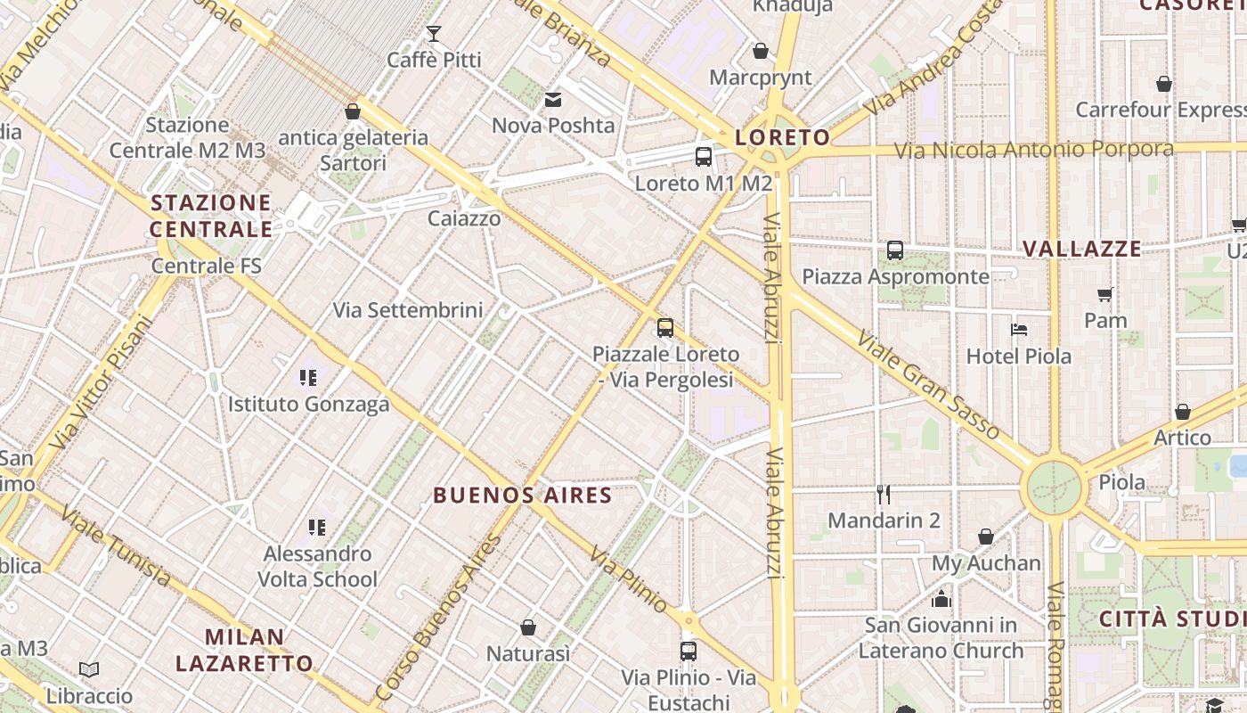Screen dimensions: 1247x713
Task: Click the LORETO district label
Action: pyautogui.click(x=782, y=137)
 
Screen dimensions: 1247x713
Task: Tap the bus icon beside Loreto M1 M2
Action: pyautogui.click(x=704, y=157)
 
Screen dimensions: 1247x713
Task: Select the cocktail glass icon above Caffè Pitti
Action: pyautogui.click(x=434, y=34)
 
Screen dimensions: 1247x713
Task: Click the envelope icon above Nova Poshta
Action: pyautogui.click(x=553, y=99)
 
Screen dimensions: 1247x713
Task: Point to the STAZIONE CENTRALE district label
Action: pyautogui.click(x=211, y=216)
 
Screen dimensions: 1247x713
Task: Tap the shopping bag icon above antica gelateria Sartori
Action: pyautogui.click(x=353, y=111)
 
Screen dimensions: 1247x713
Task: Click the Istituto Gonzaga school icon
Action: pyautogui.click(x=308, y=378)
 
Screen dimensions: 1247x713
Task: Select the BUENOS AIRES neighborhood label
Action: pyautogui.click(x=523, y=496)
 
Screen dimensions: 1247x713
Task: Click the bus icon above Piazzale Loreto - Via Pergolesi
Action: pyautogui.click(x=665, y=328)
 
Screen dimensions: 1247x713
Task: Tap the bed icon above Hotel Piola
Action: pyautogui.click(x=1019, y=330)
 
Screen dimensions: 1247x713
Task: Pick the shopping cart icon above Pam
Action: pyautogui.click(x=1105, y=294)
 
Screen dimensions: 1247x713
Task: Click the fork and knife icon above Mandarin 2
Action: pyautogui.click(x=884, y=494)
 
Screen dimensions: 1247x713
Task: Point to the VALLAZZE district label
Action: pyautogui.click(x=1081, y=249)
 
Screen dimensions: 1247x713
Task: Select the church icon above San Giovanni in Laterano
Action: pyautogui.click(x=941, y=599)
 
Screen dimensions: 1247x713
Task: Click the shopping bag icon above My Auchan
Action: pyautogui.click(x=986, y=537)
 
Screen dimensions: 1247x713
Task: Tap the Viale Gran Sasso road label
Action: pyautogui.click(x=929, y=386)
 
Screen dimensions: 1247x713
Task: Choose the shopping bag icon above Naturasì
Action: pyautogui.click(x=528, y=628)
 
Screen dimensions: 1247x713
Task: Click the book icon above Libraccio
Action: pyautogui.click(x=89, y=669)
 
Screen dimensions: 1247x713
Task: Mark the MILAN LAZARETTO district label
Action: pyautogui.click(x=244, y=650)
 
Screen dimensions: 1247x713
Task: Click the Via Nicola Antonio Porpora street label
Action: pyautogui.click(x=1033, y=149)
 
